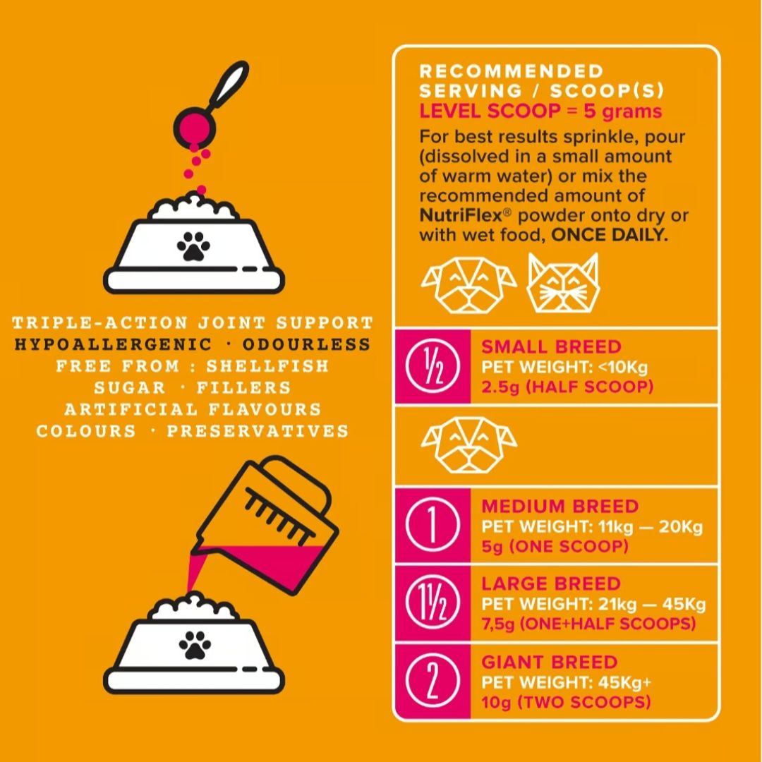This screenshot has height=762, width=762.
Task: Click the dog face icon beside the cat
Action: [469, 284]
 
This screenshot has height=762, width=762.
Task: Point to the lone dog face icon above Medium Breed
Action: [469, 445]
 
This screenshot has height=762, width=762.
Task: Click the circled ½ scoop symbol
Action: [433, 365]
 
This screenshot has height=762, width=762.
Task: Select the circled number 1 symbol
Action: [433, 525]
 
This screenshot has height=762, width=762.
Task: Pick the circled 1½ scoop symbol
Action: [433, 603]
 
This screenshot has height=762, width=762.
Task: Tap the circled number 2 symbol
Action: [433, 682]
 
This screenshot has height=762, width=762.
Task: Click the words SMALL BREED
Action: [551, 346]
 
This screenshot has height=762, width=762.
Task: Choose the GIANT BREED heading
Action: [549, 662]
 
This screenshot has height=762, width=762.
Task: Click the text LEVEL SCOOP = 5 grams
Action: [540, 111]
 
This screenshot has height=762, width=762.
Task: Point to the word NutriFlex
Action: [460, 214]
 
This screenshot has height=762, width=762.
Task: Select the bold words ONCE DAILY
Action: [610, 235]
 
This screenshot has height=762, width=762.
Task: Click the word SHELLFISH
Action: [268, 366]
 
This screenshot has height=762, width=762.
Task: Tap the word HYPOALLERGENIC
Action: [113, 344]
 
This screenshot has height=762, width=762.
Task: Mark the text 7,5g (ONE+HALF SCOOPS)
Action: [588, 624]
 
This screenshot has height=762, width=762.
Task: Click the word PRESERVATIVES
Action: [258, 431]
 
